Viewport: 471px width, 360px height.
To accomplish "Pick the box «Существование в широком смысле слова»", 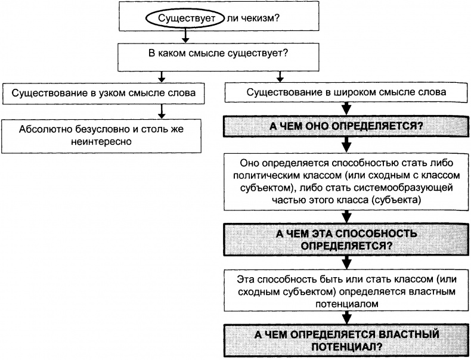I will (x=346, y=94).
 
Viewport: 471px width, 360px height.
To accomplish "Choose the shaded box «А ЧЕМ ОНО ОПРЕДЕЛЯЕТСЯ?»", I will (x=346, y=127).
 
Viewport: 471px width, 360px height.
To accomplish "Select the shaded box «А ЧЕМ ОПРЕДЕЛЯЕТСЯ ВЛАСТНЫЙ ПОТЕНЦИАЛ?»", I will (x=346, y=340).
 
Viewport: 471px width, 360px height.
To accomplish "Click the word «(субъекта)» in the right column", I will (x=396, y=201).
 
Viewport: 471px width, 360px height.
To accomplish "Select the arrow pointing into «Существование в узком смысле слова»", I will (x=161, y=78).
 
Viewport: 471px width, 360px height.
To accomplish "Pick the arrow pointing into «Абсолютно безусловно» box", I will (x=161, y=112).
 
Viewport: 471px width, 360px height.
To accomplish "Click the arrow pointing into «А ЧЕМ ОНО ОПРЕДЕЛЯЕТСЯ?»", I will (x=346, y=110).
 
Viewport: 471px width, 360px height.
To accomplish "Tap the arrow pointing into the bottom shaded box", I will (x=346, y=317).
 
